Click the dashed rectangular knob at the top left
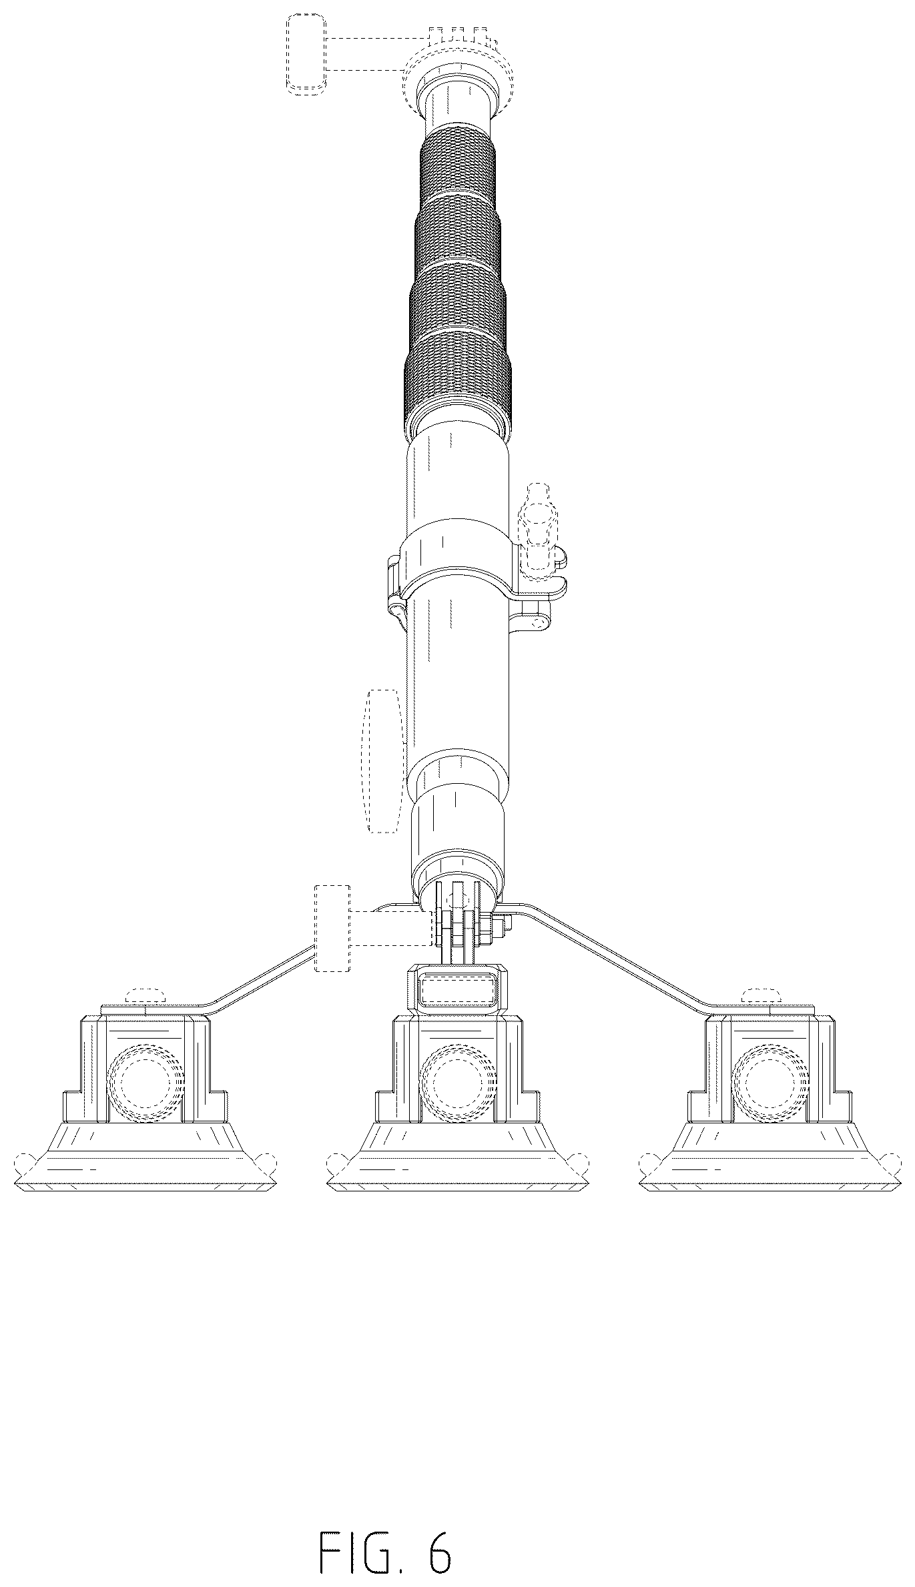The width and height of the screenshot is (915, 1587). pos(306,53)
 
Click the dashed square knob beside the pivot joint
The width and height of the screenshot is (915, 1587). pos(332,928)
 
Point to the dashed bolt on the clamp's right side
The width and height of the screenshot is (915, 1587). pos(538,527)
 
